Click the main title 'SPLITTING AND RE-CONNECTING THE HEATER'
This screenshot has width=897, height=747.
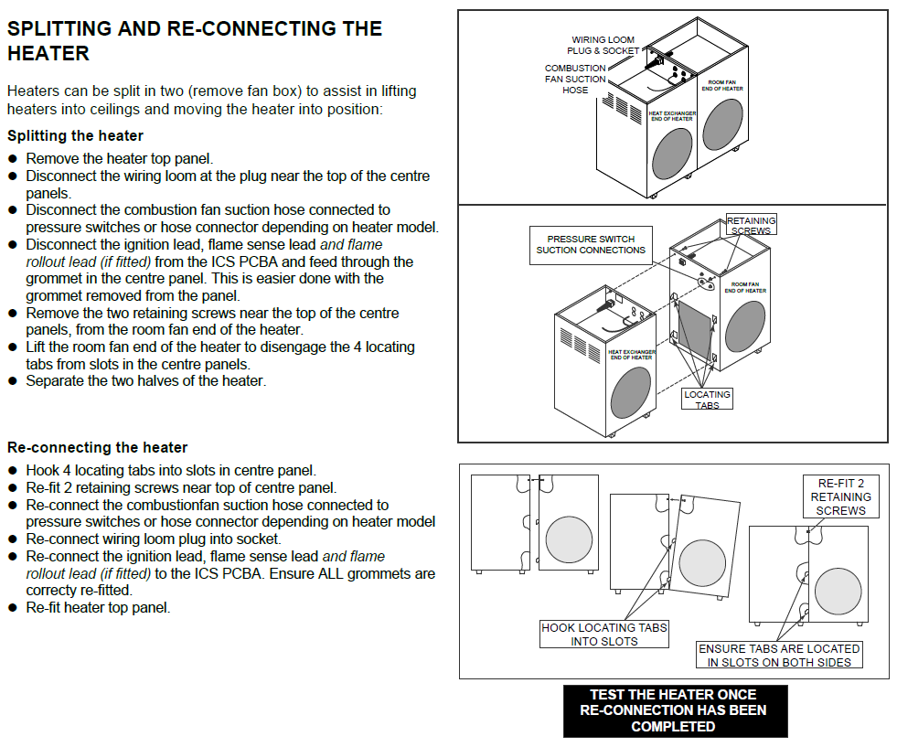click(194, 41)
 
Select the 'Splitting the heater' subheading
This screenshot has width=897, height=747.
click(75, 136)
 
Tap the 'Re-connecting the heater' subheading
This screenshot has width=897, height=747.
click(97, 448)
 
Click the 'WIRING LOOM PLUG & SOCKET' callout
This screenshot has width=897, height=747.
click(603, 46)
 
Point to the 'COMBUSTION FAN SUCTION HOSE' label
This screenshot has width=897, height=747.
click(575, 80)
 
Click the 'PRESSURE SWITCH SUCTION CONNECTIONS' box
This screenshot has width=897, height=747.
click(591, 245)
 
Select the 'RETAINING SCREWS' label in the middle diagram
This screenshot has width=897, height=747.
click(752, 225)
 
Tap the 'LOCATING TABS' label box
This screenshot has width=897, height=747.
click(708, 400)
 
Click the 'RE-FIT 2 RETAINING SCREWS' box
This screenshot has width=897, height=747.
click(840, 496)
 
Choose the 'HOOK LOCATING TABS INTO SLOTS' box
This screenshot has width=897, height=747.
click(604, 635)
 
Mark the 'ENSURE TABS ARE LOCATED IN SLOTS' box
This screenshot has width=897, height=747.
click(779, 656)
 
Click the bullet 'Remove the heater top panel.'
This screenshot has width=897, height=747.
click(119, 159)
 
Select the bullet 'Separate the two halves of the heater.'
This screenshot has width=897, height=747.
click(145, 380)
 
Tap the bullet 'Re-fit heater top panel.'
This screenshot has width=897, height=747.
click(98, 607)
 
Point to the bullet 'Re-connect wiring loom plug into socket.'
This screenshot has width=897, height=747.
click(153, 539)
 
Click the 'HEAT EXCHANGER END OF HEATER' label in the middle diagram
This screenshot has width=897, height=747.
click(631, 354)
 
